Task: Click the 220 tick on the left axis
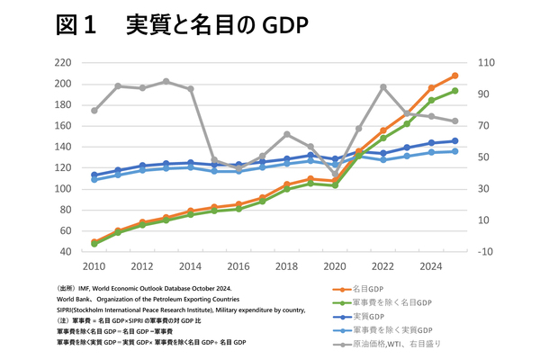(x=62, y=63)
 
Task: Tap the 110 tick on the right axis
(x=485, y=63)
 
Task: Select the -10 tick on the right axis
(x=485, y=252)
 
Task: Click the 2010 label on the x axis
(x=94, y=266)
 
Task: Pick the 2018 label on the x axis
(x=286, y=266)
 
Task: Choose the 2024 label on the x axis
(x=431, y=266)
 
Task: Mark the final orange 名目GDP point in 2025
(x=455, y=76)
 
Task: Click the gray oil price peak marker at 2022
(x=383, y=87)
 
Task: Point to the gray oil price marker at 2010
(x=94, y=110)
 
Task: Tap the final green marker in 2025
(x=455, y=91)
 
